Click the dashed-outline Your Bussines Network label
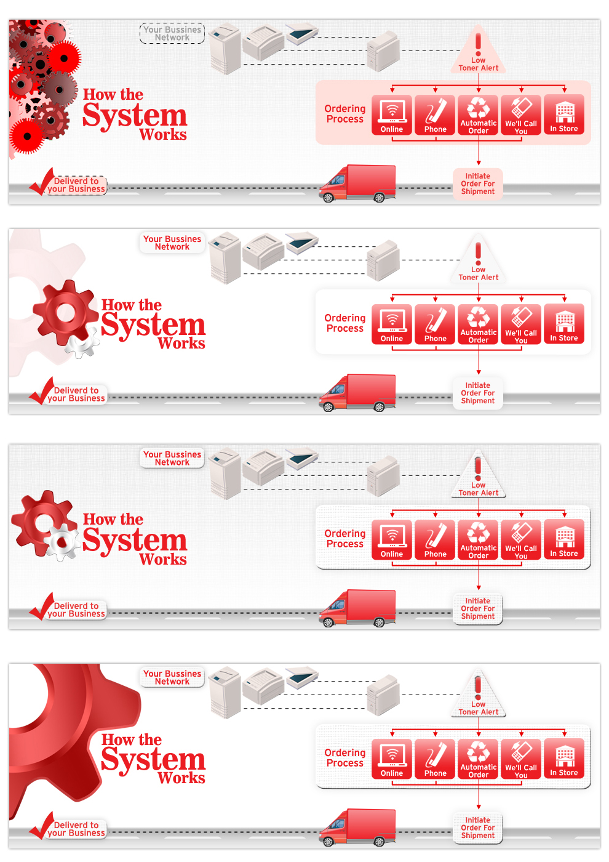[172, 33]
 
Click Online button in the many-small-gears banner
[392, 115]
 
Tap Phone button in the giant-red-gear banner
[436, 759]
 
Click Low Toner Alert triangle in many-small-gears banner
[479, 52]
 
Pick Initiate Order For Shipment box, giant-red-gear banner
[478, 828]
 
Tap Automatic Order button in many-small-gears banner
[479, 115]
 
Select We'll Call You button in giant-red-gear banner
[521, 759]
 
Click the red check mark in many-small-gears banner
[42, 182]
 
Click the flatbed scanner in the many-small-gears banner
[302, 33]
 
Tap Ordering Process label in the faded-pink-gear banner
[345, 323]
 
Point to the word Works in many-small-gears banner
[163, 135]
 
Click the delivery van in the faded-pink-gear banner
[358, 392]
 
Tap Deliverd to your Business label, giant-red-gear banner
[76, 829]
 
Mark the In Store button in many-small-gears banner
[564, 115]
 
